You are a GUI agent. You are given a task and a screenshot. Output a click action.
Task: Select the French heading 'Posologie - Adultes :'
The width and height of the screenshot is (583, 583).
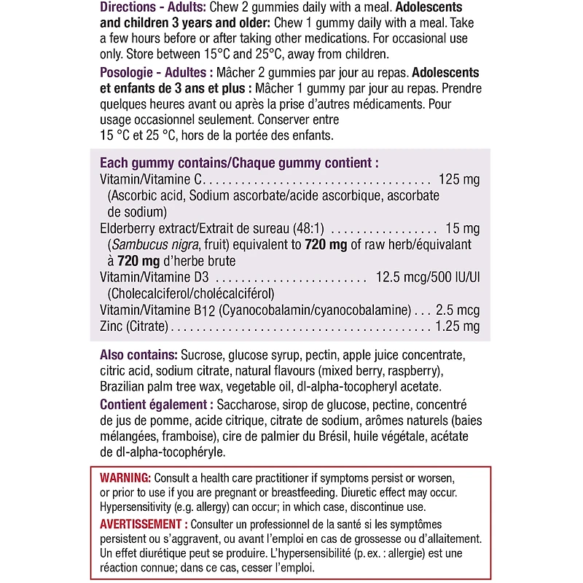[157, 74]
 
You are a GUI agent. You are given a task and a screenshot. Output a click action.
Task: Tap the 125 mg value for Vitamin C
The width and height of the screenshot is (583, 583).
[459, 179]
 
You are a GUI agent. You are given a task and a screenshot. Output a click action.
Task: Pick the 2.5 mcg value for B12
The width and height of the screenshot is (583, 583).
[458, 310]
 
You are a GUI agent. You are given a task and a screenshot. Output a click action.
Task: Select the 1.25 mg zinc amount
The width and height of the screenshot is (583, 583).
[457, 326]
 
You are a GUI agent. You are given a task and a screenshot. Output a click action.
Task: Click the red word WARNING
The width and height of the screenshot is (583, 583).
[125, 477]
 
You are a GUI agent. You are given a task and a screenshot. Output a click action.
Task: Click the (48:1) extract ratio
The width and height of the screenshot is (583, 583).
[310, 228]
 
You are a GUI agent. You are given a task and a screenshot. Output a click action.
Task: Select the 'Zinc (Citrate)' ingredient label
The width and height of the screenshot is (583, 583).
[134, 326]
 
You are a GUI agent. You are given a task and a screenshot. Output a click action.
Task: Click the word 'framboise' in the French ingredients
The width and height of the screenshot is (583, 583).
[187, 437]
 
